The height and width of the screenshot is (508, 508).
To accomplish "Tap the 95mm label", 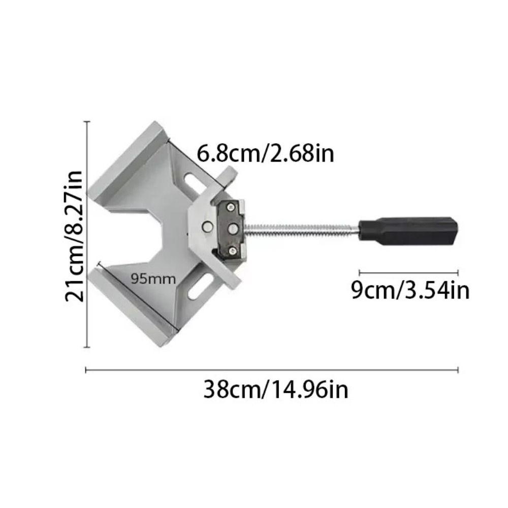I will (153, 278).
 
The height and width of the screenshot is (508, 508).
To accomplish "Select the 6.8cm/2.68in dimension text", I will (266, 152).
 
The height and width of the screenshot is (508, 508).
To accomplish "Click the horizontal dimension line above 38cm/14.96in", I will (272, 370).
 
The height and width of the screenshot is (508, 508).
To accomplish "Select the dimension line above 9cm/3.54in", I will (409, 273).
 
